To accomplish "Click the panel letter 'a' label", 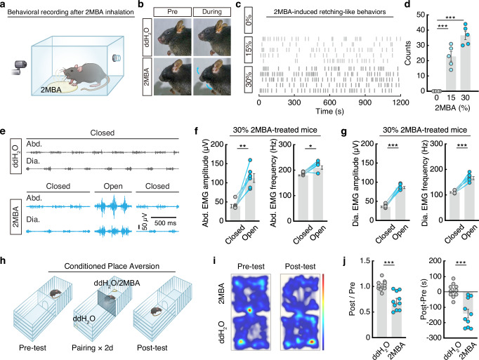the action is tap(4, 5).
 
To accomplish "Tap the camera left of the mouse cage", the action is tap(20, 67).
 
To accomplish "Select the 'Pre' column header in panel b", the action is tap(172, 12).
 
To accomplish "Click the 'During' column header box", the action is tap(212, 12).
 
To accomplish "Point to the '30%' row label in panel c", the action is tap(249, 79).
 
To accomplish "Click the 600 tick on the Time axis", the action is tap(329, 102).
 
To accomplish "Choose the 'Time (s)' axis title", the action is tap(329, 111).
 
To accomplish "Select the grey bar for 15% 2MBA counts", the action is tap(451, 74).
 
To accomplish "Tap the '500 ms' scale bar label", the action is tap(165, 223).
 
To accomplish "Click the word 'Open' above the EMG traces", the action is tap(113, 186).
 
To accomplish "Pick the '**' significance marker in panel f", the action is tap(243, 146).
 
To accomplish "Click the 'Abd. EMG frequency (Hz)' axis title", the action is tap(273, 182).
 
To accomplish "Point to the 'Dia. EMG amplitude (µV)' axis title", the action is tap(355, 183).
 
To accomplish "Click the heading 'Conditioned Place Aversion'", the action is tap(112, 266).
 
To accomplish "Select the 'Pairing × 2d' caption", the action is tap(92, 348).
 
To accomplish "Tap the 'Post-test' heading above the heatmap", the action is tap(300, 267).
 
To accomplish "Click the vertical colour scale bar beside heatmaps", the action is tap(323, 312).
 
